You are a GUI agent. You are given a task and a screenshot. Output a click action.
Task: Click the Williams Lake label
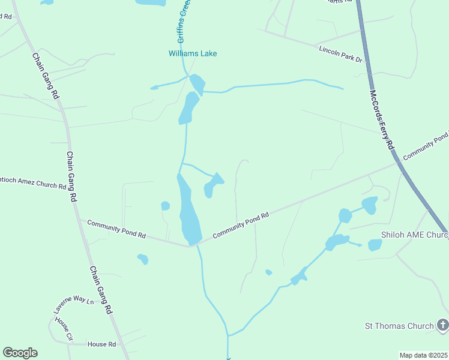pos(192,53)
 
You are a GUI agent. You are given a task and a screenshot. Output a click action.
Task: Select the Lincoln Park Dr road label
pos(341,53)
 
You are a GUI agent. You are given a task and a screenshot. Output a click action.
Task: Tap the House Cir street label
pos(63,329)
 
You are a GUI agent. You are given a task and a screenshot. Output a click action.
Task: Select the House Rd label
pos(101,344)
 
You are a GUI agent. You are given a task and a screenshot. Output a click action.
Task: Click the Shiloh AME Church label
pos(414,235)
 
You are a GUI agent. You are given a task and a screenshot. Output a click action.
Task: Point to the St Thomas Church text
pos(399,326)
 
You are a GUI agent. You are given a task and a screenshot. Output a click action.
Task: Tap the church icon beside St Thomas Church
pos(442,326)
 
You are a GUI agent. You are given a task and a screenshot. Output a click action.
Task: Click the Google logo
pos(20,353)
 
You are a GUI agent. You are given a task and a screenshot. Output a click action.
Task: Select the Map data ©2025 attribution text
pos(423,355)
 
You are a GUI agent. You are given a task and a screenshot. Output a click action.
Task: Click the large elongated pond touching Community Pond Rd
pos(188,213)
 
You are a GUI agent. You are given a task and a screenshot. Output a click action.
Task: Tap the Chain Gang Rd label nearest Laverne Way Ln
pos(101,291)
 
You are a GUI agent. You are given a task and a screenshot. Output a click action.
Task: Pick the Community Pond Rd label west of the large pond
pos(116,229)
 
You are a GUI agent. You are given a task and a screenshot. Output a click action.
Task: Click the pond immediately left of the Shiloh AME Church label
pos(375,245)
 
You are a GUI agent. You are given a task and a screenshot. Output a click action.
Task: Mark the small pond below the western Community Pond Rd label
pos(143,259)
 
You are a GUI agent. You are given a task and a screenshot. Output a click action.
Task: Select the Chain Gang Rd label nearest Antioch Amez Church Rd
pos(72,176)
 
